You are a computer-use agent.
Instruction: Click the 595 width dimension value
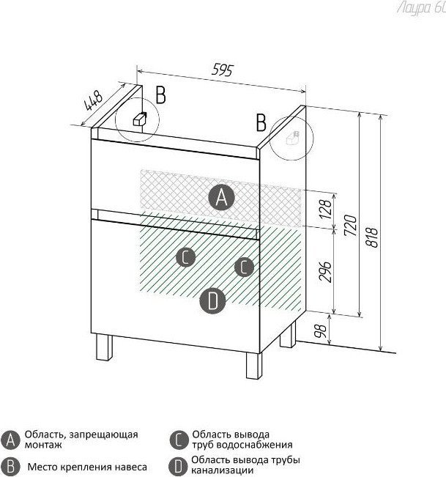[x=223, y=70]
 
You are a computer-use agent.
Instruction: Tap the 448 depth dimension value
[x=93, y=100]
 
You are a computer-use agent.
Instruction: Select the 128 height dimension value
[x=325, y=209]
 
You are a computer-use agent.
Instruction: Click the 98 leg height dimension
[x=321, y=330]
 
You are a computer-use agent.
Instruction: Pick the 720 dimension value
[x=350, y=225]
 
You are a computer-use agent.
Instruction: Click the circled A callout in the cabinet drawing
[x=221, y=197]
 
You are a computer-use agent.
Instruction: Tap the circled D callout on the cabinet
[x=212, y=301]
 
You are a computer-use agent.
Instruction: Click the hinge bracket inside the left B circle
[x=140, y=119]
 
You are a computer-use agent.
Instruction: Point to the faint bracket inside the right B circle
[x=292, y=138]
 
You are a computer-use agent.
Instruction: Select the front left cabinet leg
[x=104, y=347]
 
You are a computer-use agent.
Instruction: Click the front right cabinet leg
[x=254, y=366]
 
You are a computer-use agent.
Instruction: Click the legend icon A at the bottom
[x=10, y=440]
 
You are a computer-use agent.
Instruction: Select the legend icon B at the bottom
[x=10, y=467]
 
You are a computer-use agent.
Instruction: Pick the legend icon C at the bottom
[x=179, y=440]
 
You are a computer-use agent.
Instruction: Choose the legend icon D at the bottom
[x=178, y=467]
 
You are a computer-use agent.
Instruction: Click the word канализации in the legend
[x=222, y=470]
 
